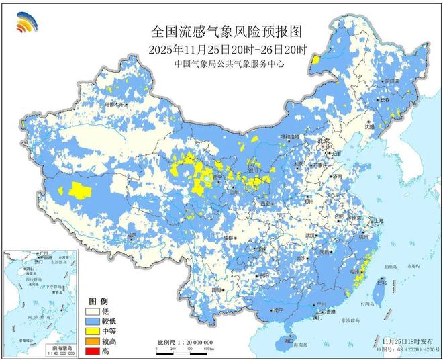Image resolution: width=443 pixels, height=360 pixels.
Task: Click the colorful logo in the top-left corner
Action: coord(27,23)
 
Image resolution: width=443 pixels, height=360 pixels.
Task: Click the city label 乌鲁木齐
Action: coord(113,105)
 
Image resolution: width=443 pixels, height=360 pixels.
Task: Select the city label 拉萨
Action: coord(132,235)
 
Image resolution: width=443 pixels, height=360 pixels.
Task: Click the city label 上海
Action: coord(379,220)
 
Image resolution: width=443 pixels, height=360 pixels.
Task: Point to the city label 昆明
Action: coord(216,289)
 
